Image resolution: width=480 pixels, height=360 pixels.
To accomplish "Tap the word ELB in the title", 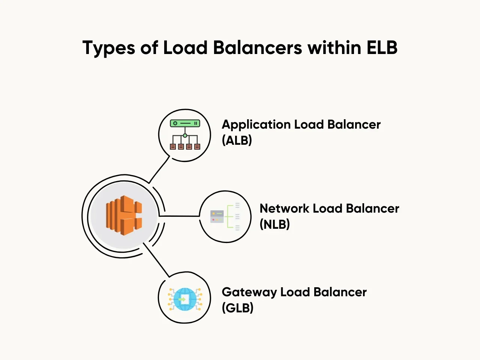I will click(382, 48).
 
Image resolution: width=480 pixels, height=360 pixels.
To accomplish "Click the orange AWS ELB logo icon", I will click(124, 216).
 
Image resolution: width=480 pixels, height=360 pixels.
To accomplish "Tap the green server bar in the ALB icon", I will click(185, 123).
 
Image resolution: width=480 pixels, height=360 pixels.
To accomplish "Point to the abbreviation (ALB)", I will click(237, 140).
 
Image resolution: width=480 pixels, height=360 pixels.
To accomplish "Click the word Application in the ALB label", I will click(256, 124).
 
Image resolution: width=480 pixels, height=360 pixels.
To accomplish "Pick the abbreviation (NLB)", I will click(274, 224).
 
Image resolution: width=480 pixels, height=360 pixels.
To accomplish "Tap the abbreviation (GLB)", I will click(237, 308).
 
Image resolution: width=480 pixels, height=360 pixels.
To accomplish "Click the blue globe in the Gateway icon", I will click(185, 299).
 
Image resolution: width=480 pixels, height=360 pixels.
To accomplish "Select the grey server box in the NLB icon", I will click(217, 217).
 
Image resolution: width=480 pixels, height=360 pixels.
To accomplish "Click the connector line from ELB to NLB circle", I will click(179, 216).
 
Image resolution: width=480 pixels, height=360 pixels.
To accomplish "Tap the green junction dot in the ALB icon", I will click(185, 135).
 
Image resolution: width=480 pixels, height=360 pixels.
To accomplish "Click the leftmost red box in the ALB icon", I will click(173, 147).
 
